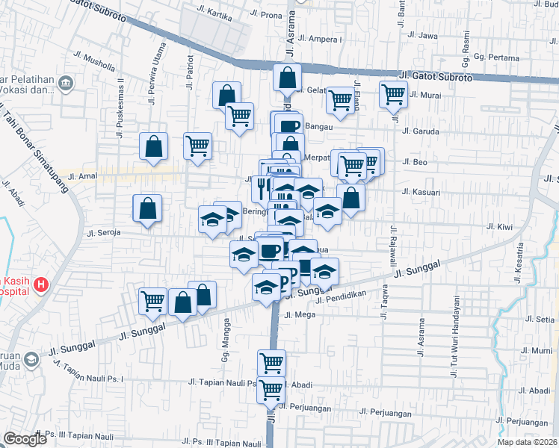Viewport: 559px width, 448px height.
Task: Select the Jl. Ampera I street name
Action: pos(323,39)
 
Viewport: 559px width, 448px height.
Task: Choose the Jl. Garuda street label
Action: pos(420,131)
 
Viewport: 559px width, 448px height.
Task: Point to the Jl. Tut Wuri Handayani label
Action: pos(454,336)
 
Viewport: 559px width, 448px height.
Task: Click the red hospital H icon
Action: pos(40,284)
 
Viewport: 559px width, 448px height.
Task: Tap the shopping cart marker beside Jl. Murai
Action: pos(393,96)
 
